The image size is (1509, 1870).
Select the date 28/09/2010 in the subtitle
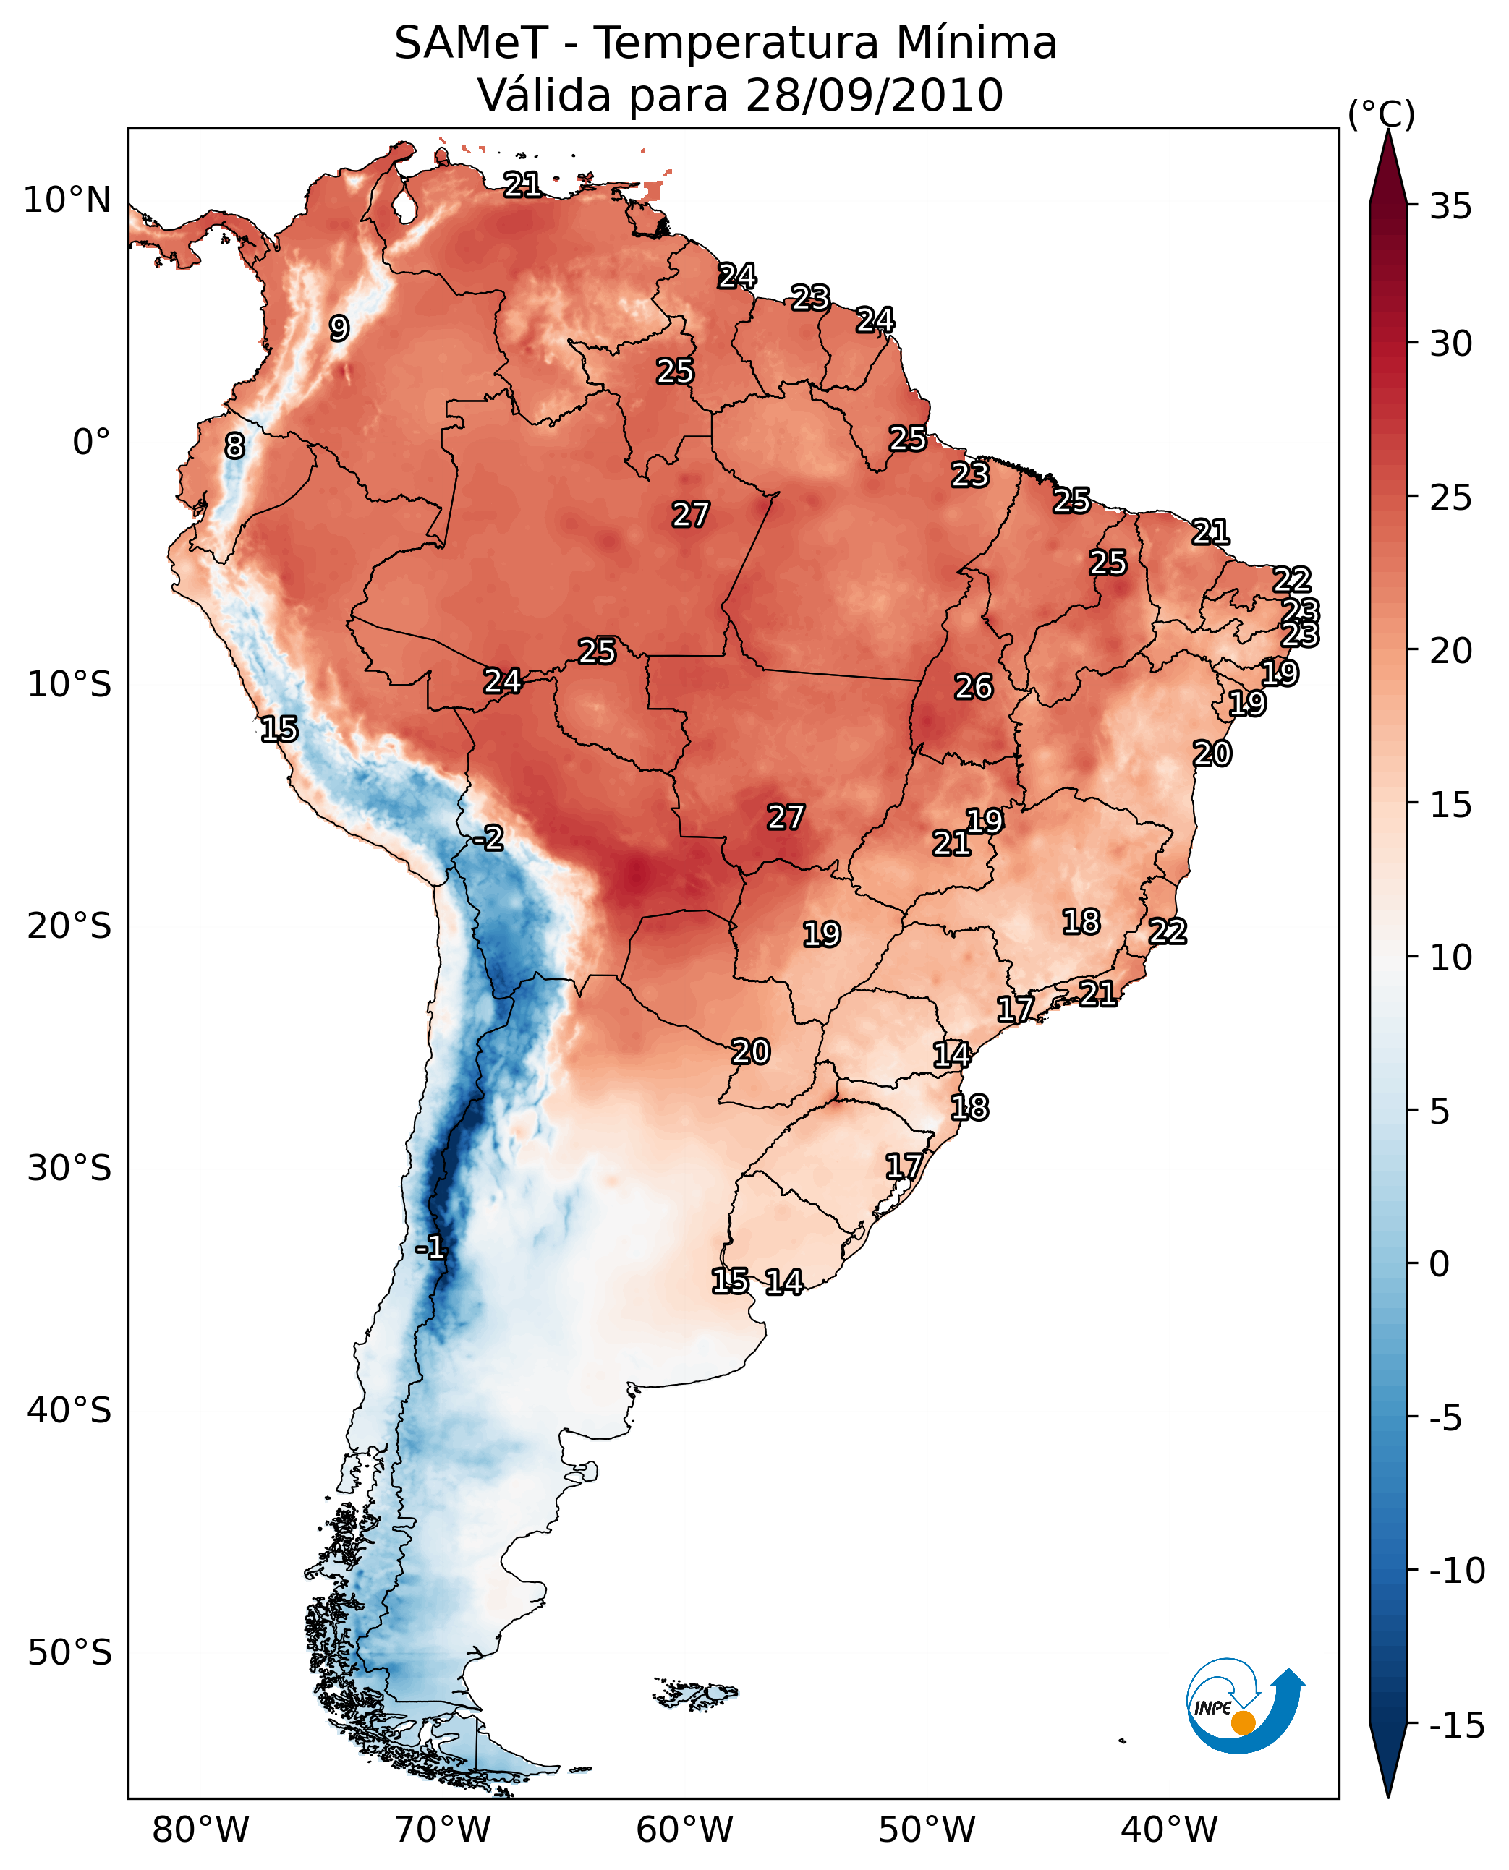click(875, 95)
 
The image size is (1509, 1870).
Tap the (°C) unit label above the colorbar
click(1381, 115)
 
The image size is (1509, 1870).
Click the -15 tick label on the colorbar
click(1457, 1725)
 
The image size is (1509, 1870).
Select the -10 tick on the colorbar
click(1457, 1570)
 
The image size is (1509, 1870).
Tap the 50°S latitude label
click(69, 1652)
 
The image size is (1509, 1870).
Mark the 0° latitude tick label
click(92, 443)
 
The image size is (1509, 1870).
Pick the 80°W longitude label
click(201, 1830)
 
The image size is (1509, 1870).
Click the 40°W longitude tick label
click(1169, 1830)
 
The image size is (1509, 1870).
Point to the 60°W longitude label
click(685, 1830)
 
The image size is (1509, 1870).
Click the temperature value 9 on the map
click(339, 328)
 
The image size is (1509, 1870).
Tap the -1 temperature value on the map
click(430, 1248)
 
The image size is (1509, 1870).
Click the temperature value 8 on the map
click(234, 445)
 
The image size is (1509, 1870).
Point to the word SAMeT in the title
click(471, 43)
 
